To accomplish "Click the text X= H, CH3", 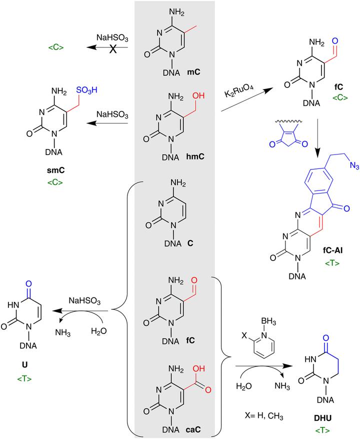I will tap(260, 411).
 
